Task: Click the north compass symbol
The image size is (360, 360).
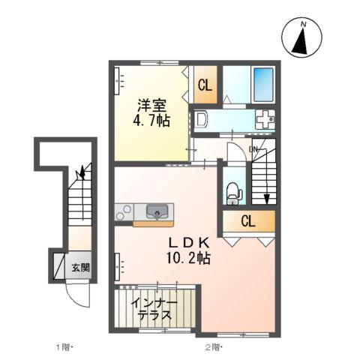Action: click(x=301, y=37)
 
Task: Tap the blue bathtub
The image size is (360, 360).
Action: click(x=263, y=84)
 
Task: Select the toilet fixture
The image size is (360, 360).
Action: click(x=234, y=193)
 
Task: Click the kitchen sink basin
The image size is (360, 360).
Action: click(x=157, y=211)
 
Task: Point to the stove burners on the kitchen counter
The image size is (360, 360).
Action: click(x=124, y=212)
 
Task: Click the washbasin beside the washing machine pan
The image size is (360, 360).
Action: click(x=201, y=119)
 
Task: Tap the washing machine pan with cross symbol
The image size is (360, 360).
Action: click(x=265, y=119)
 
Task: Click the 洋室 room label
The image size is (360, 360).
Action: click(x=152, y=106)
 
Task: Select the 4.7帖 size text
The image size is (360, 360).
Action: click(x=151, y=121)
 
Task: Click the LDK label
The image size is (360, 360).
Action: click(x=188, y=242)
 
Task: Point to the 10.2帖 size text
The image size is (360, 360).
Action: click(x=188, y=258)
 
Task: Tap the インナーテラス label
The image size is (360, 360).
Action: click(x=154, y=310)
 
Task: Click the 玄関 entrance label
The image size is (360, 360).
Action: click(x=80, y=268)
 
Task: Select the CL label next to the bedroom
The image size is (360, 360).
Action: click(x=205, y=85)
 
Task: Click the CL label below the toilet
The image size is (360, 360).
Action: click(x=248, y=221)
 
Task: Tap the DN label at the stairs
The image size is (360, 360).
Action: click(x=253, y=149)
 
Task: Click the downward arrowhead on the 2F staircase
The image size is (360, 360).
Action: click(x=267, y=199)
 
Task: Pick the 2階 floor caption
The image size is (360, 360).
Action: click(x=213, y=347)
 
